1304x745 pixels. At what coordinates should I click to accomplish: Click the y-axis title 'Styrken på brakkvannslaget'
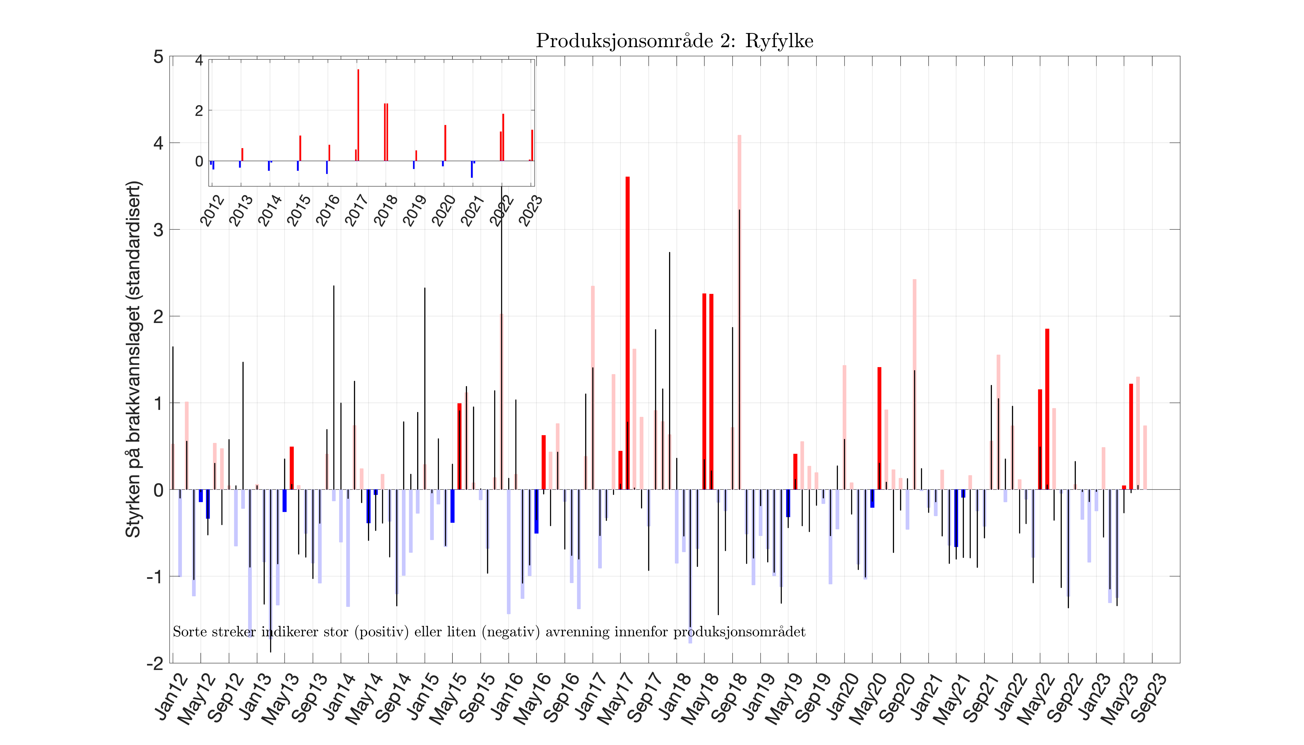click(133, 359)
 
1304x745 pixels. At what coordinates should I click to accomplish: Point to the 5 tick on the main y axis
click(159, 57)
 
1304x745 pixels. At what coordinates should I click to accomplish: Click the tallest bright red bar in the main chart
click(628, 333)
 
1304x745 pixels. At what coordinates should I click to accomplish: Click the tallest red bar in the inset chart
click(358, 115)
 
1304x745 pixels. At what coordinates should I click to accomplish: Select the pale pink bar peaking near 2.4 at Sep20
click(914, 384)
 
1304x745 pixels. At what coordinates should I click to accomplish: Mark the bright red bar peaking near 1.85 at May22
click(1047, 409)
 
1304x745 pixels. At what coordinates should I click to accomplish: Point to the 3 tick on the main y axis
click(159, 230)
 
